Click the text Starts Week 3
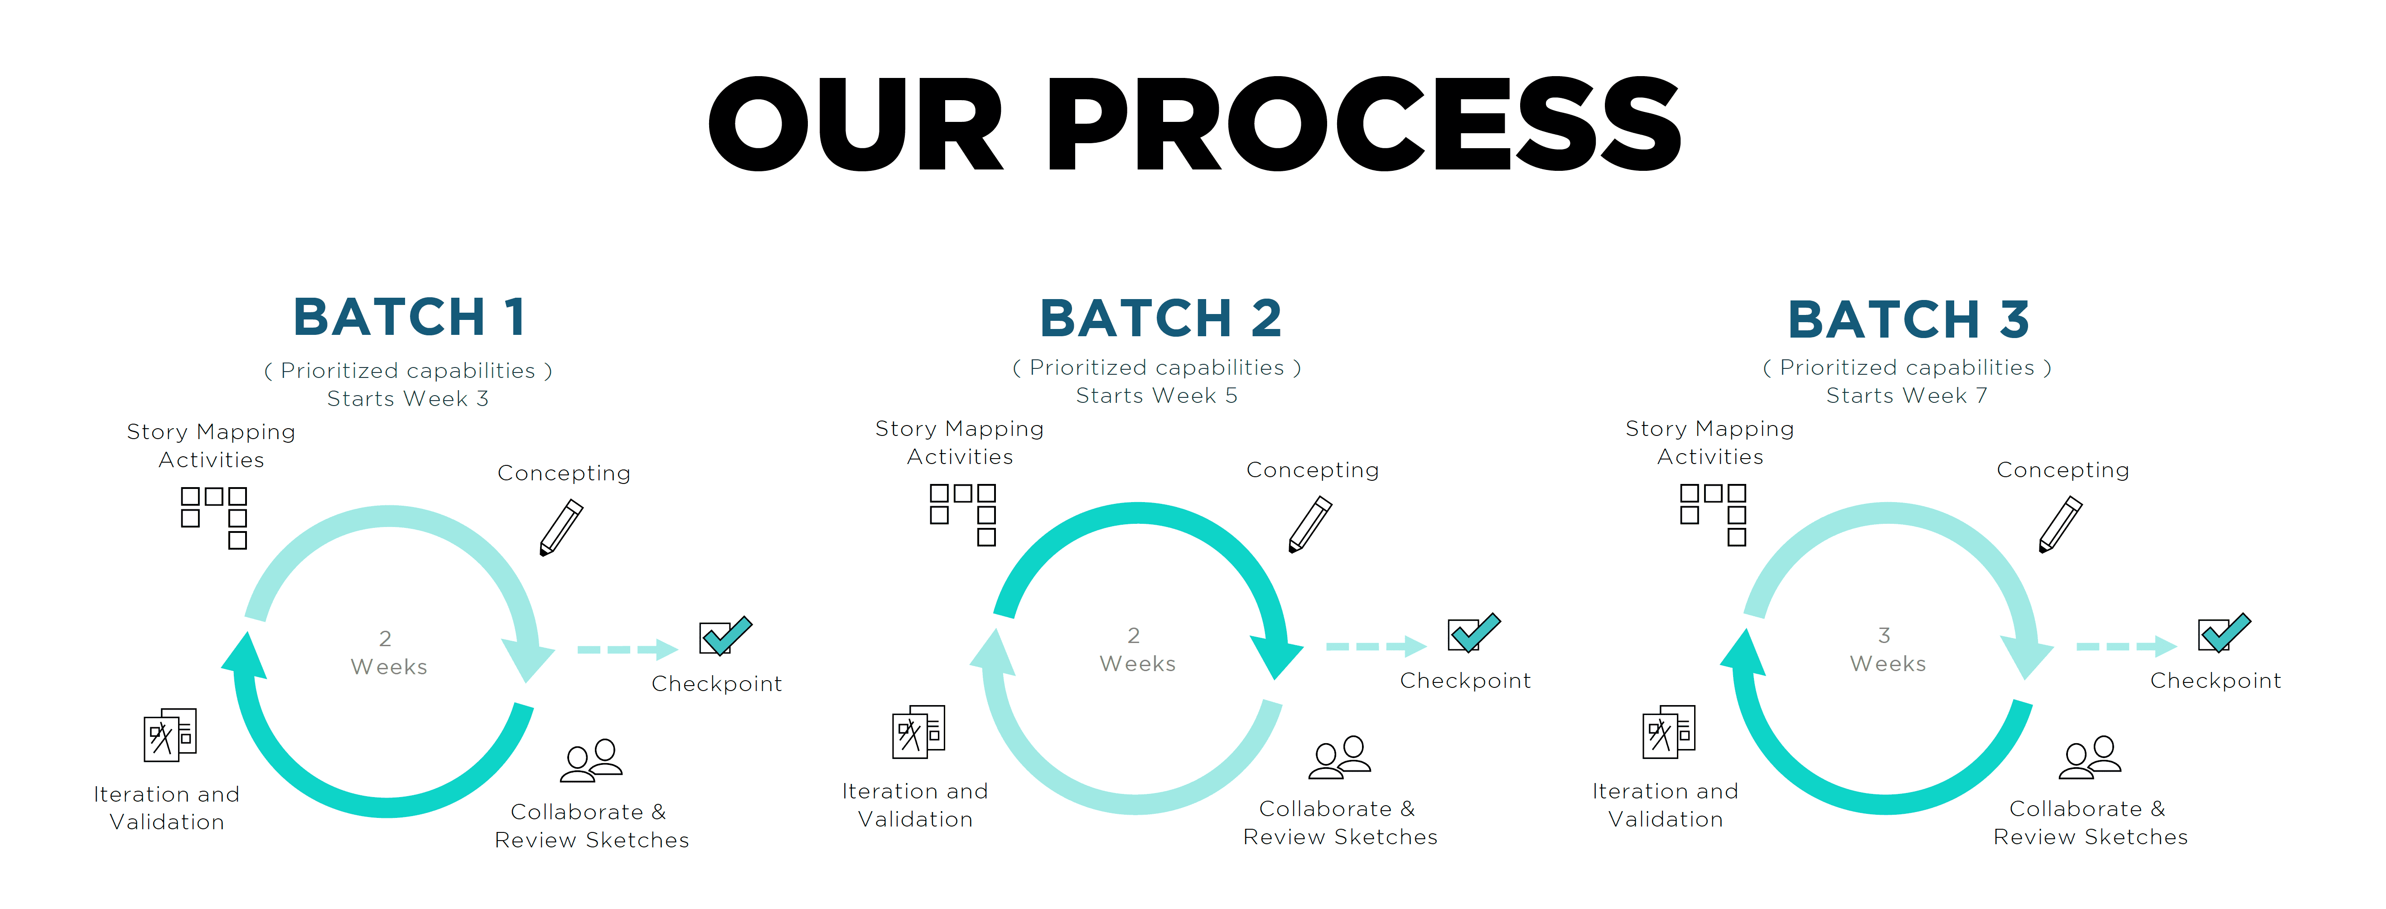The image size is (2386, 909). point(407,398)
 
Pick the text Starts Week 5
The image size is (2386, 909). point(1156,396)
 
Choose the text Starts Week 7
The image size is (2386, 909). point(1906,396)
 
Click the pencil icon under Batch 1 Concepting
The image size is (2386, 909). point(561,527)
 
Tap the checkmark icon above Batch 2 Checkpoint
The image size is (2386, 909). point(1473,633)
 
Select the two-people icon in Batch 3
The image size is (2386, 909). point(2090,757)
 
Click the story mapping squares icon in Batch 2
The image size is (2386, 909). point(963,514)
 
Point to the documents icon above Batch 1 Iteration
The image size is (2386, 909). point(169,735)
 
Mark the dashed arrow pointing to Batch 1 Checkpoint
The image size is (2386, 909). point(627,649)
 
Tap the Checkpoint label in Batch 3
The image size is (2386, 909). point(2215,681)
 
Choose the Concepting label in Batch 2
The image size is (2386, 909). point(1313,470)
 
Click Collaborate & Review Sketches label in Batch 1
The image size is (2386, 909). point(591,826)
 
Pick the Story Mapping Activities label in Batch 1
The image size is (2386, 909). point(211,446)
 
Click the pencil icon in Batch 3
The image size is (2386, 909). point(2060,524)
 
